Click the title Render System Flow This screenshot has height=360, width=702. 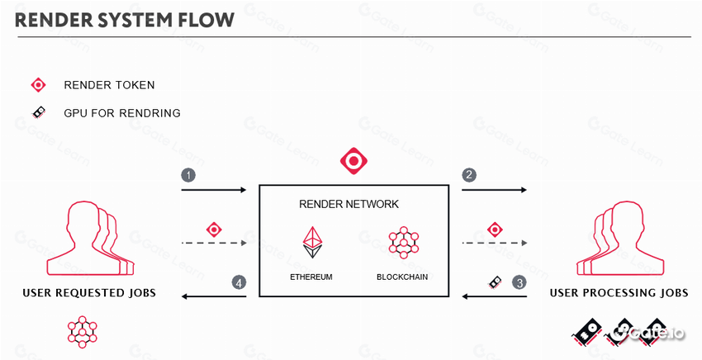[x=124, y=19]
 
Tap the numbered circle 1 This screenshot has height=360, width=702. [x=189, y=176]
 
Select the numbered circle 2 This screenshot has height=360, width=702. [x=470, y=176]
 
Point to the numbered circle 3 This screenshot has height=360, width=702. [x=519, y=283]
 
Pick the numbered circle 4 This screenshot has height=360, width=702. [x=239, y=283]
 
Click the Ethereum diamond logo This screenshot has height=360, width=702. [x=311, y=240]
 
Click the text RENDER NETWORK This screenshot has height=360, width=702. [x=354, y=204]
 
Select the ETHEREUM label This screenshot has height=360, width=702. [x=311, y=277]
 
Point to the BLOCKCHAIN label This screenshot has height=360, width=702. [x=402, y=277]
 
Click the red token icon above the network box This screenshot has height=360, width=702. [x=353, y=159]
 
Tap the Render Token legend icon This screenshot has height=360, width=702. [x=38, y=85]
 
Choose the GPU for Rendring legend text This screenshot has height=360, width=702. [x=121, y=112]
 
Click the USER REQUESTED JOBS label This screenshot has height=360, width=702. [x=89, y=293]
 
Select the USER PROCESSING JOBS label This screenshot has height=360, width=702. [x=619, y=293]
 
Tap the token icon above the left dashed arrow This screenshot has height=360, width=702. [x=213, y=229]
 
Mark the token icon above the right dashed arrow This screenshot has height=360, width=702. [x=495, y=229]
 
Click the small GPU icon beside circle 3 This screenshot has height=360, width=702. [x=494, y=282]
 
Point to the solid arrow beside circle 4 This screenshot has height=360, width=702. [x=214, y=296]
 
